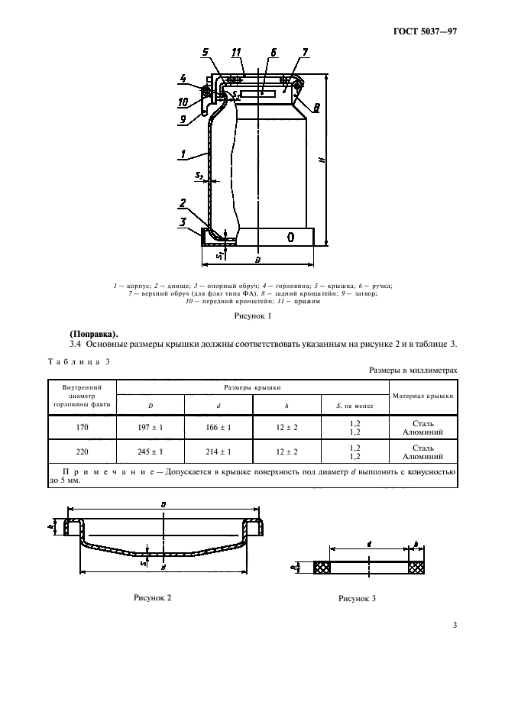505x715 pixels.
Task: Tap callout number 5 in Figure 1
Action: click(x=206, y=53)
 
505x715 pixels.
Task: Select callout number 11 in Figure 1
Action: click(x=236, y=53)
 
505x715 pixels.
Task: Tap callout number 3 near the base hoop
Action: click(x=183, y=222)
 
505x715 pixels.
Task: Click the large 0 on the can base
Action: click(x=290, y=238)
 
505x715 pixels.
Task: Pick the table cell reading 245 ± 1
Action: click(x=150, y=451)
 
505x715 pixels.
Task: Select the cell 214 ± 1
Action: click(x=219, y=451)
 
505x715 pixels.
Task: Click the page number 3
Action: click(x=454, y=626)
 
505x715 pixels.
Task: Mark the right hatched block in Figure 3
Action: click(x=416, y=568)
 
